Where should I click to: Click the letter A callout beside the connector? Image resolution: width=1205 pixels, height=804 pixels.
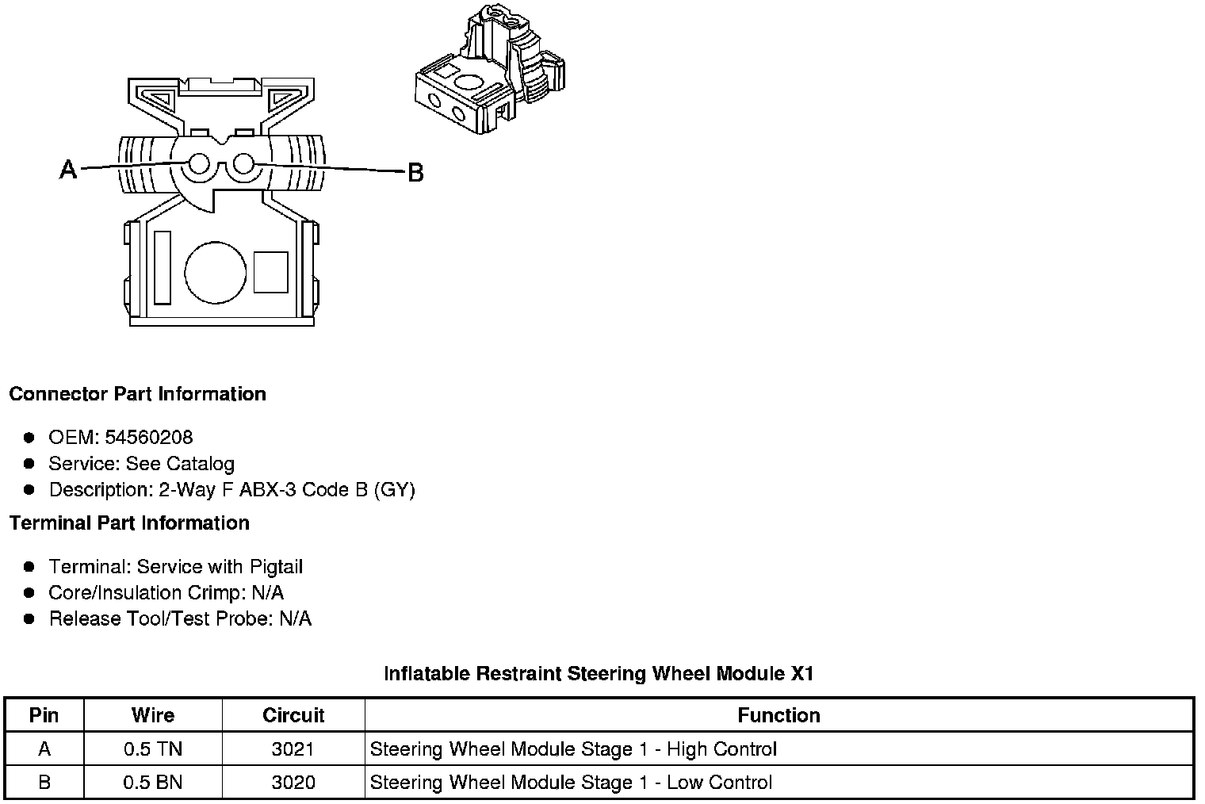coord(69,169)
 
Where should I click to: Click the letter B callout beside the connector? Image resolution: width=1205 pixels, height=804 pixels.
coord(415,172)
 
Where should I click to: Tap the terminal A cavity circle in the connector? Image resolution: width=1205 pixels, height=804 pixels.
coord(198,165)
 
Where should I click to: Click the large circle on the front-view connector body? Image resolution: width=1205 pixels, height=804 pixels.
coord(215,272)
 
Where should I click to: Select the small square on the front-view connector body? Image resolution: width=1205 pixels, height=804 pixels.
coord(270,272)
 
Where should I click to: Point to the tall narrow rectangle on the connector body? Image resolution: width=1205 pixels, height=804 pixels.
coord(163,267)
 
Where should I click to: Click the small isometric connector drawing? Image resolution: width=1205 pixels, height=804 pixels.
coord(490,71)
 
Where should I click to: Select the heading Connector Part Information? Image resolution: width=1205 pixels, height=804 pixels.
coord(137,394)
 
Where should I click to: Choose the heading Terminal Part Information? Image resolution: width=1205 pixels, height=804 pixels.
coord(129,523)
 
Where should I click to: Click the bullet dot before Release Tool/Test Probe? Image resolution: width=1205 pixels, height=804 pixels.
coord(29,619)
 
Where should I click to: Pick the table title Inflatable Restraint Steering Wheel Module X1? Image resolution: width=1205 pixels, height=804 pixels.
coord(599,674)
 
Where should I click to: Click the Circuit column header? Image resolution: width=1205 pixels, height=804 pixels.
coord(293,715)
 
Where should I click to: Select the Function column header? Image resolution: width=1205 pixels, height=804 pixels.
coord(778,715)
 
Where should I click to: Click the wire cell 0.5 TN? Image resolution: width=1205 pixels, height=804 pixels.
coord(153,749)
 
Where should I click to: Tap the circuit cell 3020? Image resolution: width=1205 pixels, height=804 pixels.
coord(293,783)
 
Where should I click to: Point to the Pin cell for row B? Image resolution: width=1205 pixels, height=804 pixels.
coord(44,783)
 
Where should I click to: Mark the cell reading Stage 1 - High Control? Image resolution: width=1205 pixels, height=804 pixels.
coord(573,749)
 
